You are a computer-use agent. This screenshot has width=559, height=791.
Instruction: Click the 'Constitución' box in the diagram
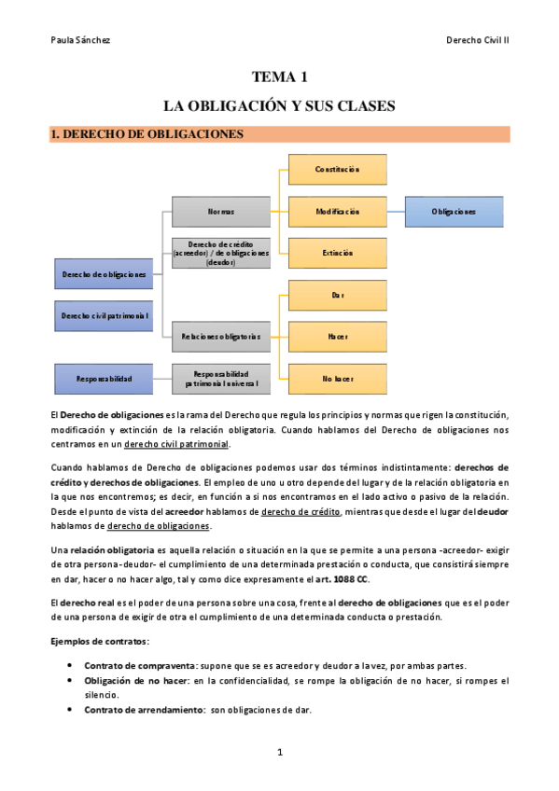pyautogui.click(x=337, y=169)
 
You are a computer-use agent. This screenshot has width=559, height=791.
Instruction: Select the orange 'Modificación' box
pyautogui.click(x=337, y=212)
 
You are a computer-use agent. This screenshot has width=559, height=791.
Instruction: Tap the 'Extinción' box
pyautogui.click(x=337, y=253)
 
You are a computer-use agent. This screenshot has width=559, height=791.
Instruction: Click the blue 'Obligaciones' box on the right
pyautogui.click(x=454, y=212)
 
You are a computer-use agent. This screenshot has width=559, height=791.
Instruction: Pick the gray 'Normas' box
pyautogui.click(x=221, y=212)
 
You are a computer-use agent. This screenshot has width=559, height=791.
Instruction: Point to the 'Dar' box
pyautogui.click(x=337, y=295)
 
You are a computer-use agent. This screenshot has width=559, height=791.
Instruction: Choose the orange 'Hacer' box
pyautogui.click(x=337, y=336)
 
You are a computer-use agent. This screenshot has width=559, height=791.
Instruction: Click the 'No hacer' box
pyautogui.click(x=337, y=378)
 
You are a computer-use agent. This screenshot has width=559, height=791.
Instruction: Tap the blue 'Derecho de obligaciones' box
pyautogui.click(x=104, y=274)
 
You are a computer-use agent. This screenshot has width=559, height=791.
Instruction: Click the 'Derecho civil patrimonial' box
pyautogui.click(x=104, y=315)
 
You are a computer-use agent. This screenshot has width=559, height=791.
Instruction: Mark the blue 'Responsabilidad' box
pyautogui.click(x=104, y=378)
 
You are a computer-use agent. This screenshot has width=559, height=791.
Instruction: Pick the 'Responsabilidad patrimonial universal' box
pyautogui.click(x=221, y=378)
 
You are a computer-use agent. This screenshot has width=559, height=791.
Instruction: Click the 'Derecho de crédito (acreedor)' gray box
pyautogui.click(x=221, y=253)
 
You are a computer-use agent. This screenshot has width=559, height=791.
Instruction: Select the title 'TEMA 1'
pyautogui.click(x=279, y=76)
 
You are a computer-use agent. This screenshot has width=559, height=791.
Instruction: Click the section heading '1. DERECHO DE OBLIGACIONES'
pyautogui.click(x=147, y=134)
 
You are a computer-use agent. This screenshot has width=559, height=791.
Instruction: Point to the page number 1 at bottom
pyautogui.click(x=279, y=752)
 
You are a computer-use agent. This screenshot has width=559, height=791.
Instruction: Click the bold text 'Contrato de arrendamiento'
pyautogui.click(x=144, y=710)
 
